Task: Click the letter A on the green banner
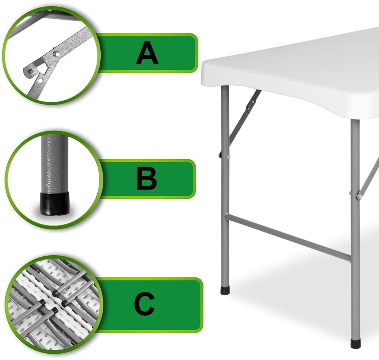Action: coord(147,53)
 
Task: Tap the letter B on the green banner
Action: coord(147,179)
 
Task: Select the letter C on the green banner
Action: coord(144,304)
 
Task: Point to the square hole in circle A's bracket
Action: coord(43,68)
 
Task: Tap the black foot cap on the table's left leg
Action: coord(225,290)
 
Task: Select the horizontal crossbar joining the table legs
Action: coord(288,237)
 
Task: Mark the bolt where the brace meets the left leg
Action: coord(228,158)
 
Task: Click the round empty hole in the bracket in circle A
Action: coord(41,80)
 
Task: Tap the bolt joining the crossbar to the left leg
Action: coord(227,214)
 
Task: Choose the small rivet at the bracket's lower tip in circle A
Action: coord(30,71)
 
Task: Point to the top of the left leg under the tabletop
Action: coord(225,88)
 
